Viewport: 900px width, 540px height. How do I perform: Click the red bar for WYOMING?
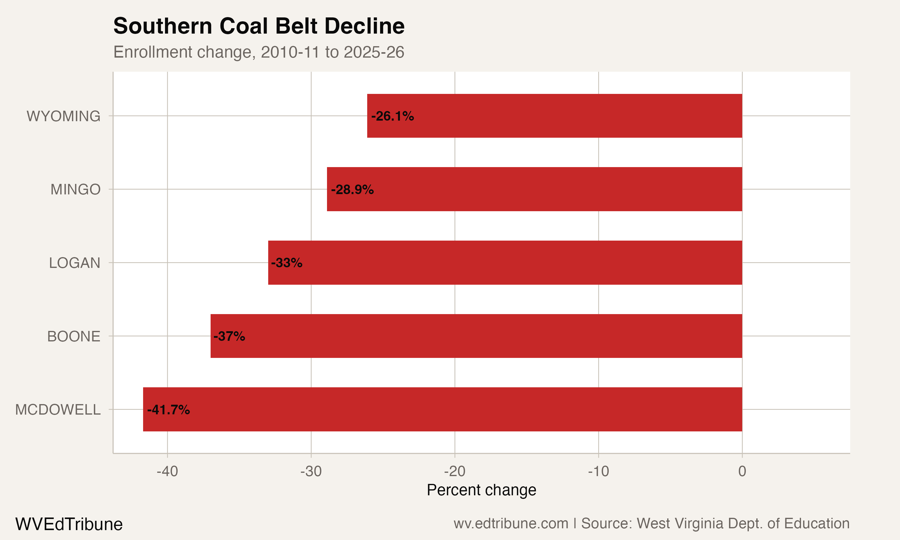[554, 116]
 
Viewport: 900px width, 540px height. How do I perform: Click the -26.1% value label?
[392, 116]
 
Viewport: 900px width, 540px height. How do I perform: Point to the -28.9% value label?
[352, 190]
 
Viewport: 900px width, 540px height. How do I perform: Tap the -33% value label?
[287, 263]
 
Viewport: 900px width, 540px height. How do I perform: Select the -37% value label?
[229, 336]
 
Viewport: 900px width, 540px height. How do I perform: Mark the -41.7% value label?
[168, 410]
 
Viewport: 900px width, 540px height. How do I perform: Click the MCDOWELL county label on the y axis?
[58, 410]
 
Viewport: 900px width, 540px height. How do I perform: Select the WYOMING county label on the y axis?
[64, 116]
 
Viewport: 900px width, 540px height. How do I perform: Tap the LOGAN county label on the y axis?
[75, 263]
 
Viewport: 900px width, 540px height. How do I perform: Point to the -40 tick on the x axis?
[167, 472]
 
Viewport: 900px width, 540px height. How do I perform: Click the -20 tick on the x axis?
[455, 472]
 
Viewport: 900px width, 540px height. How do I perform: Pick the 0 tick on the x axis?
[742, 472]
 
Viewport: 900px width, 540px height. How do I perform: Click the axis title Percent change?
[481, 490]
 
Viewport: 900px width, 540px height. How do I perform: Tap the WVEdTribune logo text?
[69, 524]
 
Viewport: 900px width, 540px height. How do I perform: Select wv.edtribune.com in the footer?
[511, 523]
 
